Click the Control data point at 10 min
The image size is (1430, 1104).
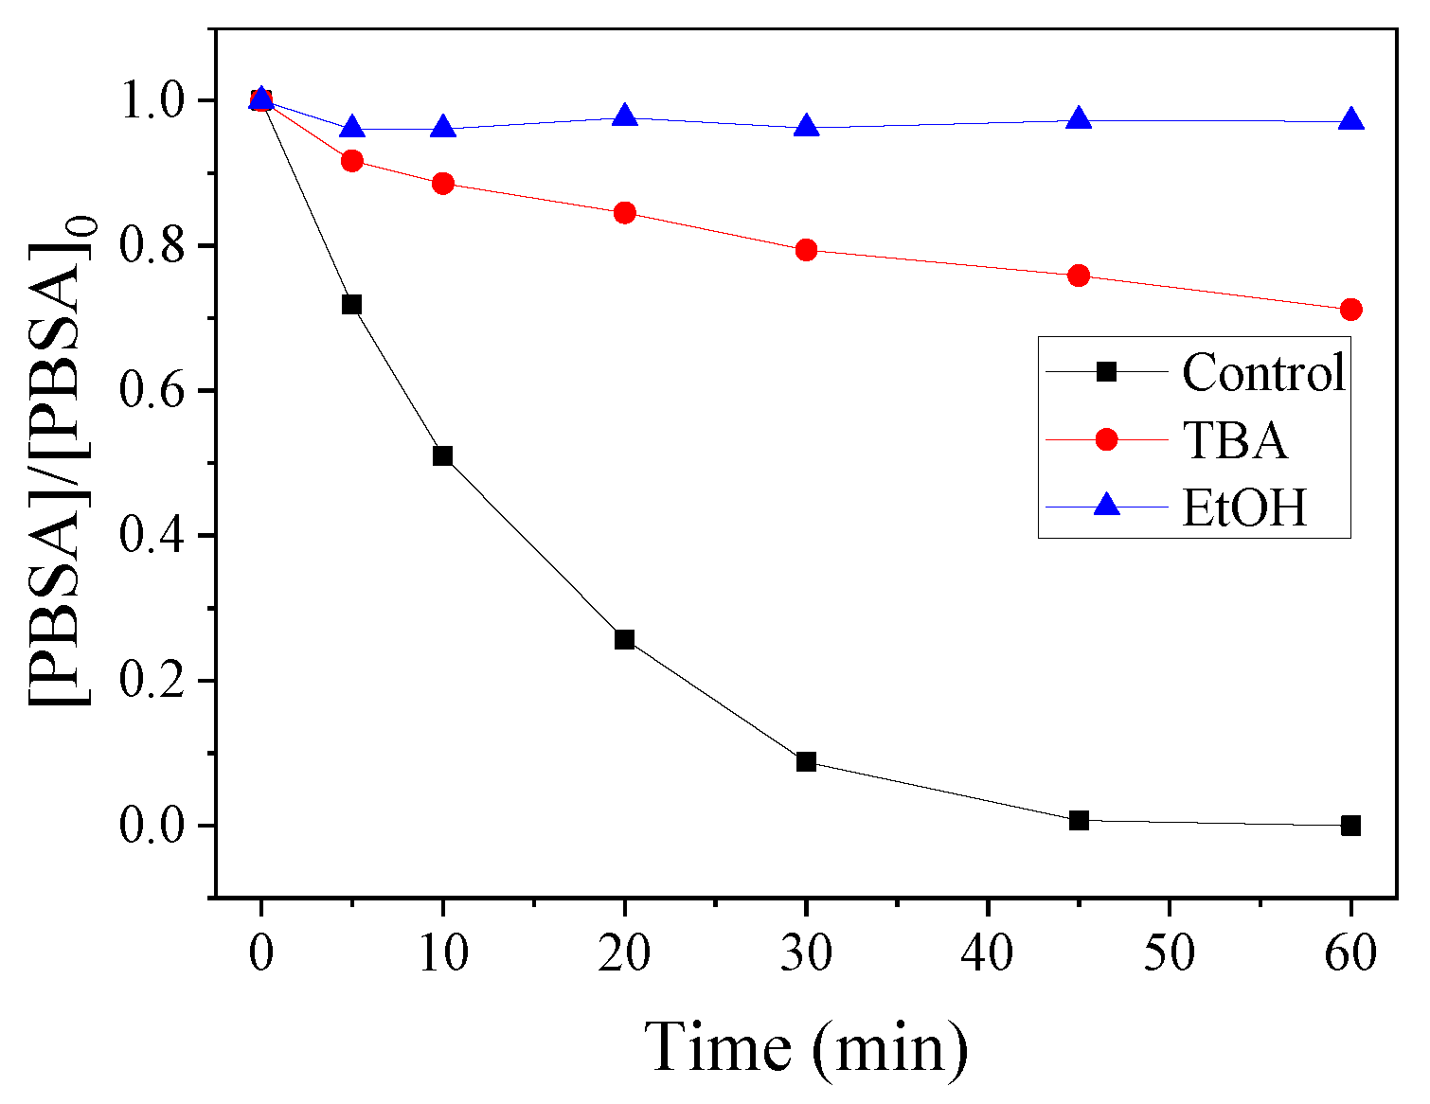pos(442,456)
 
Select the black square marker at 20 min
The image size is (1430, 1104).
pos(624,639)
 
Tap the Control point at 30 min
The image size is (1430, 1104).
pos(806,761)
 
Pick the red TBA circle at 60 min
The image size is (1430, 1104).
pos(1351,310)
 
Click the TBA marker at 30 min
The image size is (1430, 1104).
pos(806,250)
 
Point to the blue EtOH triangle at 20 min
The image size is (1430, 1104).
pos(624,116)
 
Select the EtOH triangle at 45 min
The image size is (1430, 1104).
pos(1079,119)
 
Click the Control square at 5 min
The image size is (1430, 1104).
pos(351,305)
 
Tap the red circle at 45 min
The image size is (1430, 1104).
pos(1079,276)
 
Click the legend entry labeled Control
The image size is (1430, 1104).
pos(1263,372)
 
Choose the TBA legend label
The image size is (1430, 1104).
pos(1235,440)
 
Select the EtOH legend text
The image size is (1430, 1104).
pos(1244,507)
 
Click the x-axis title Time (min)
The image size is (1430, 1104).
pos(807,1048)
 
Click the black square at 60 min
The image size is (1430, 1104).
pos(1351,826)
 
